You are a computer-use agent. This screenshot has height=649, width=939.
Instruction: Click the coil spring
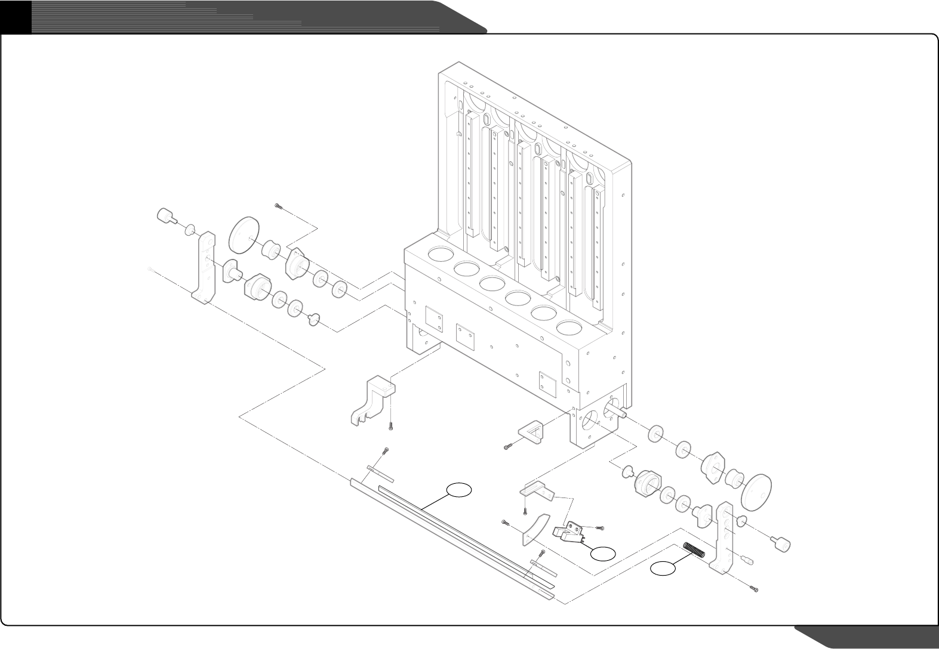[694, 549]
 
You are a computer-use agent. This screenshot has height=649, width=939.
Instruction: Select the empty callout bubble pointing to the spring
[663, 569]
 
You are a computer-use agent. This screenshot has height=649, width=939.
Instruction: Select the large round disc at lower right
[756, 490]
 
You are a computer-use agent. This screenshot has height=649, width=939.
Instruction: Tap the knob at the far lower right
[781, 543]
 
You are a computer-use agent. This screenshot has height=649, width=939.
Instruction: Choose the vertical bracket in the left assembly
[205, 268]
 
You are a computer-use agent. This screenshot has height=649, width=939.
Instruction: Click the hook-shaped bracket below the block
[371, 400]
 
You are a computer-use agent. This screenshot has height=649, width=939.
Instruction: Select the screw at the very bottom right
[755, 589]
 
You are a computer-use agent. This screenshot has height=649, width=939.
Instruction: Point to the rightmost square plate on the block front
[547, 384]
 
